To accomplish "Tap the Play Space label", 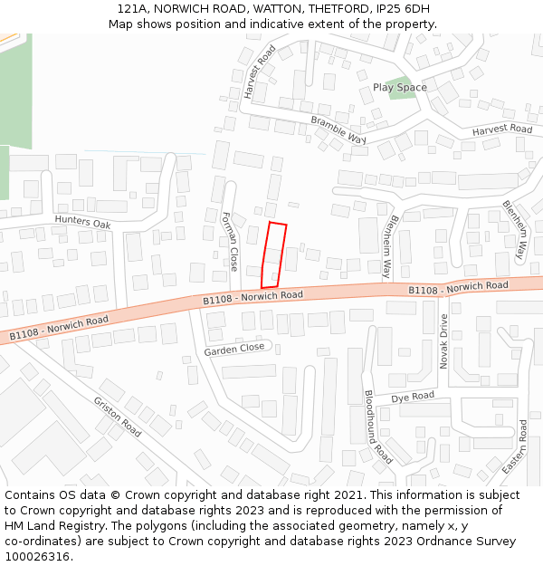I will click(x=399, y=88).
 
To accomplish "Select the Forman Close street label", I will click(x=230, y=242).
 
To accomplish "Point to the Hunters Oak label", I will click(x=82, y=222).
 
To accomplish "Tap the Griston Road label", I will click(x=117, y=417).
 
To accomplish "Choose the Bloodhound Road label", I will click(x=377, y=427).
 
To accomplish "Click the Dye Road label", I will click(x=413, y=397).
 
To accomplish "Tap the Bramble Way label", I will click(x=338, y=130).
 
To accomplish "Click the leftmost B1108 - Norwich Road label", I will click(x=59, y=329).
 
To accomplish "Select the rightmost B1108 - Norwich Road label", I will click(x=458, y=288).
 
